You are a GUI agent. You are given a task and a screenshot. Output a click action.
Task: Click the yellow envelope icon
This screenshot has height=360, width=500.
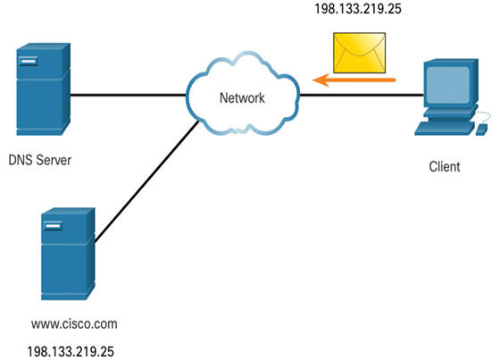point(359,53)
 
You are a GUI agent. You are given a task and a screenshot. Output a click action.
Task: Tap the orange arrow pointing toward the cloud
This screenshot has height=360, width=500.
point(354,80)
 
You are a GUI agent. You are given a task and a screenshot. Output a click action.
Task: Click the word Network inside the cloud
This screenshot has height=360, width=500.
point(242,98)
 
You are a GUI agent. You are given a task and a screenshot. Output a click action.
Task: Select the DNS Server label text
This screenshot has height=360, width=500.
point(40,160)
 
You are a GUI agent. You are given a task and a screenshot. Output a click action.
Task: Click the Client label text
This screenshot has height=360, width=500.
point(445,166)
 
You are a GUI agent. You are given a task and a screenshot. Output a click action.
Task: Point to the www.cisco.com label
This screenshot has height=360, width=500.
point(74,324)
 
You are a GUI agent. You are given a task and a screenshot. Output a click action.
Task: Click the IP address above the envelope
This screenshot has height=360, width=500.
point(358,9)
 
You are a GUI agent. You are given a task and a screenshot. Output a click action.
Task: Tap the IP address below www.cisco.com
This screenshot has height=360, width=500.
point(71,352)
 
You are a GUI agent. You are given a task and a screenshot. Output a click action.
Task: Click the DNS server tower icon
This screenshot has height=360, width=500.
point(44,89)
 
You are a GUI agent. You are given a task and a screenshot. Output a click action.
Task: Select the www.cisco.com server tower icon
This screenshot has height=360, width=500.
point(68,254)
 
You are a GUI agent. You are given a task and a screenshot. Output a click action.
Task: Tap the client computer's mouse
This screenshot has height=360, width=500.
point(481,130)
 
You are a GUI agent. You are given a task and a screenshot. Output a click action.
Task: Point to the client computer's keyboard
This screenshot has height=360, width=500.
point(445,129)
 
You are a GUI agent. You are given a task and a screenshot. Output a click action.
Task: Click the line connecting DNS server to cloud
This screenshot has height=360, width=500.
point(129,95)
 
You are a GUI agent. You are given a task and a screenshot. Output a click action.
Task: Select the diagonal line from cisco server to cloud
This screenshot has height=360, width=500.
point(147,182)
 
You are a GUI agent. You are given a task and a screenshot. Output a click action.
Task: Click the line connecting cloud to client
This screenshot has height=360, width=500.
point(362,95)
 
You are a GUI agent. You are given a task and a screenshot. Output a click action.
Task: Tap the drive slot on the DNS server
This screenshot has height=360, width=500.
point(28,61)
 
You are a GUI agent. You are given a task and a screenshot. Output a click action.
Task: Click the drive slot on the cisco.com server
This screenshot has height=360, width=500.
point(53,226)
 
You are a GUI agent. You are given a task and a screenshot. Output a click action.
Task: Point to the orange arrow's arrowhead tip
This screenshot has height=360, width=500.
point(313,80)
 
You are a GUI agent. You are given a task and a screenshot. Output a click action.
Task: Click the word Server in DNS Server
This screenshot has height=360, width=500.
point(54,160)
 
